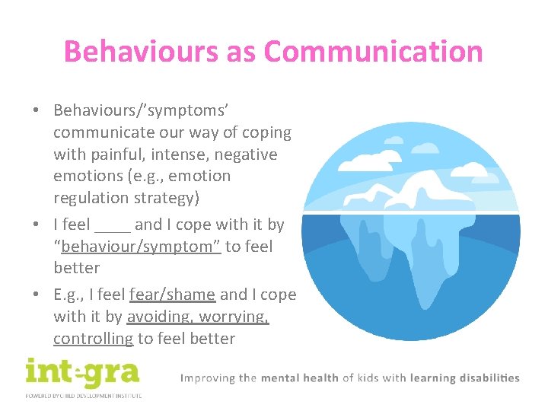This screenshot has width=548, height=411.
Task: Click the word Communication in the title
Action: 373,52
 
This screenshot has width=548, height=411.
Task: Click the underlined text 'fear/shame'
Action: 173,295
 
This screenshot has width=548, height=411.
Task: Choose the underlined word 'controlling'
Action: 93,339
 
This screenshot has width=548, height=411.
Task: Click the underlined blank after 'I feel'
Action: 113,225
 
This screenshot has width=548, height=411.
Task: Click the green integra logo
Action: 82,373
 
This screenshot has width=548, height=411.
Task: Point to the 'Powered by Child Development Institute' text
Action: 82,396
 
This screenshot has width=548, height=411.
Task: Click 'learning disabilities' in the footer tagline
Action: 465,378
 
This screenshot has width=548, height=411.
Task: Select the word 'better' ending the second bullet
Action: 76,268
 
